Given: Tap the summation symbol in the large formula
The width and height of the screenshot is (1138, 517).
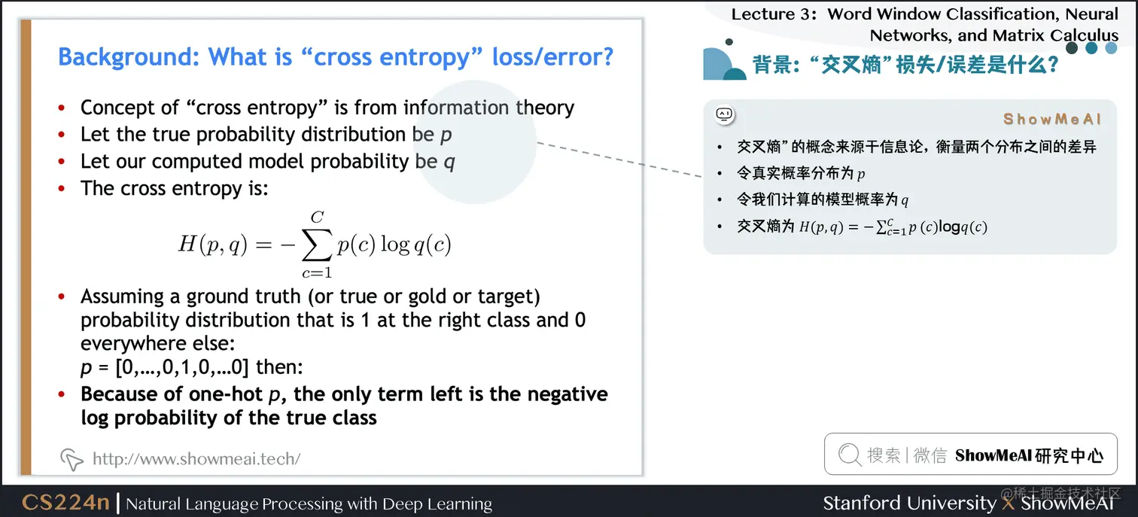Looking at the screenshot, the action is [x=317, y=245].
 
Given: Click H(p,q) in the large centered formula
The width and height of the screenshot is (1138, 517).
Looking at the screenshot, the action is [x=213, y=245].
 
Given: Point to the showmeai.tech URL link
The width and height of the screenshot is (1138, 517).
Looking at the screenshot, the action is [x=196, y=458].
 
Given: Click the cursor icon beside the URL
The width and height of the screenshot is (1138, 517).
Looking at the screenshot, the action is [x=72, y=459].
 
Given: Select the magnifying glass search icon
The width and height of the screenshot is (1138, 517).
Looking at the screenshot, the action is [x=850, y=455].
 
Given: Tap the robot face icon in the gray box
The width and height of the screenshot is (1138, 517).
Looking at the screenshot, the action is [x=725, y=115].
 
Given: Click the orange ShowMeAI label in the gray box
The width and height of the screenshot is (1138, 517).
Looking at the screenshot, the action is [x=1051, y=120].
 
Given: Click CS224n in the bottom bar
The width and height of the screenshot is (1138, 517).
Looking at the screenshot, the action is [x=65, y=502].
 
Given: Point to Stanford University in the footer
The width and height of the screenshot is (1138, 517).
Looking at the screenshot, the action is [x=909, y=503].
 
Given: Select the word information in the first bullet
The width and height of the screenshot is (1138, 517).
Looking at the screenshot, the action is [x=455, y=108].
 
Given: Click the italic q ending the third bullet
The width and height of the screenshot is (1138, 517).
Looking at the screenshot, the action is [x=449, y=163].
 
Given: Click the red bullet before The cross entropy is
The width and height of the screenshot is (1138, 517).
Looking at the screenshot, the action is [x=62, y=188].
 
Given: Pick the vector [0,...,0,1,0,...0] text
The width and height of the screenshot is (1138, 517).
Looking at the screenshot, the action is [x=182, y=367].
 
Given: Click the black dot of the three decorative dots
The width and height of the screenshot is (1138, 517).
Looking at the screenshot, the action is [x=1072, y=48].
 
